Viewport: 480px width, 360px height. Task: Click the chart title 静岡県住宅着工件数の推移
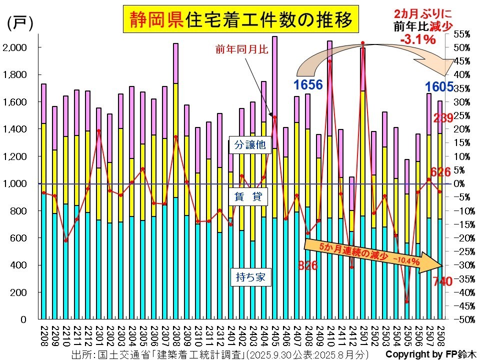241,19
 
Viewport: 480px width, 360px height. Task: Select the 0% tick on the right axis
463,183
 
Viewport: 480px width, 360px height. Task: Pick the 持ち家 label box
250,276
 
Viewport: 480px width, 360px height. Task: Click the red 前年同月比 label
235,49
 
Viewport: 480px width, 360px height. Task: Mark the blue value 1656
308,85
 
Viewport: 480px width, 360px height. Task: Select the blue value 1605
439,87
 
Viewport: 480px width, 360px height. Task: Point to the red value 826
308,265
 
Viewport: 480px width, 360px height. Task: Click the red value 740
442,281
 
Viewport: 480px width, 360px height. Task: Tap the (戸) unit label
20,23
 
